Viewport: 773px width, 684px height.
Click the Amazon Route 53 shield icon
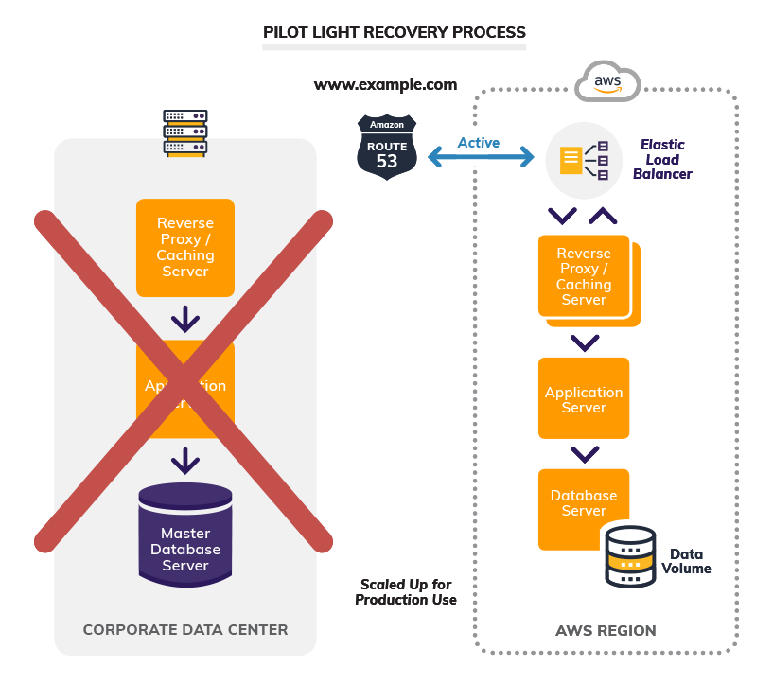click(387, 146)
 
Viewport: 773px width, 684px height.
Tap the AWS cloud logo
click(607, 81)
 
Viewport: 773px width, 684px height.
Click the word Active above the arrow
click(479, 143)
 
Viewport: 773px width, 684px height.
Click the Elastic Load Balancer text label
click(662, 159)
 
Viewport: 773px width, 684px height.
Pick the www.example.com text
click(385, 84)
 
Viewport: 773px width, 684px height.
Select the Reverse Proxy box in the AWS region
click(585, 276)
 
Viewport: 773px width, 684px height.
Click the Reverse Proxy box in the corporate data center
click(185, 247)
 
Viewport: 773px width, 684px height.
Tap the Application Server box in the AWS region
click(584, 398)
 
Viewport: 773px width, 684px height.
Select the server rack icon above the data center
click(184, 132)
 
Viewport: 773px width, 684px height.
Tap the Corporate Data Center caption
click(185, 629)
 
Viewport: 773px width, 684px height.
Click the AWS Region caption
click(606, 630)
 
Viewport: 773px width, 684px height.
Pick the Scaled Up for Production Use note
click(406, 592)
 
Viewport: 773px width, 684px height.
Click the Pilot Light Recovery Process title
click(394, 32)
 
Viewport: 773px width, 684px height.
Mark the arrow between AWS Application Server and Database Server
click(584, 453)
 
